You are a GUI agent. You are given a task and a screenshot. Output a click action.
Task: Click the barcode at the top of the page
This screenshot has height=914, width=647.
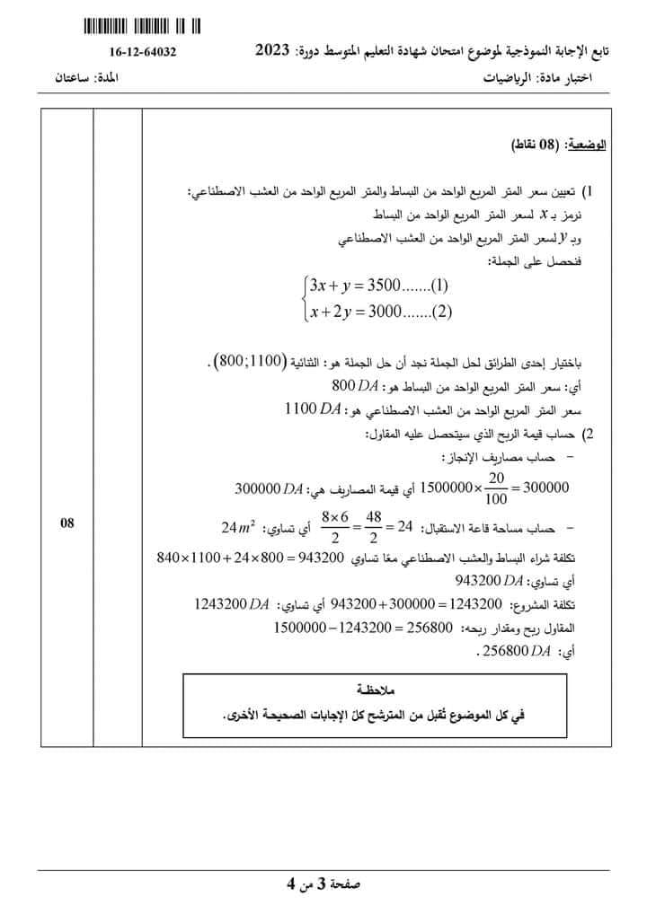tap(142, 26)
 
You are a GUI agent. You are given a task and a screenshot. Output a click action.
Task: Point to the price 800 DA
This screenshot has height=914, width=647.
tap(357, 387)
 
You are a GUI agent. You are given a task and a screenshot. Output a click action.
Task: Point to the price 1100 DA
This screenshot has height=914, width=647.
tap(312, 409)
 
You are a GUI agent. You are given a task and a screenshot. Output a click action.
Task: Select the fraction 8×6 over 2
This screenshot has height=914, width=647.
tap(334, 526)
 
